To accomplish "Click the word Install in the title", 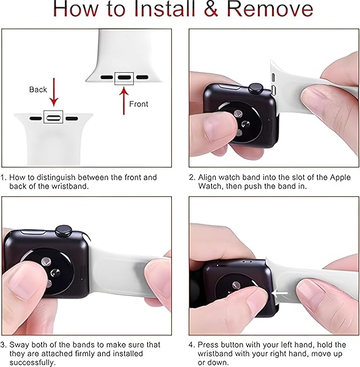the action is pyautogui.click(x=164, y=9).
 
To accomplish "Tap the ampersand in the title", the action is pyautogui.click(x=211, y=9).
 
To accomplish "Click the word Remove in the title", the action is pyautogui.click(x=270, y=9).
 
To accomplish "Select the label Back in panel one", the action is pyautogui.click(x=38, y=89).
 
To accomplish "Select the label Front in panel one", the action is pyautogui.click(x=139, y=104).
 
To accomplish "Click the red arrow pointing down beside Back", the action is pyautogui.click(x=54, y=92).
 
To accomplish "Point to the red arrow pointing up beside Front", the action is pyautogui.click(x=123, y=101).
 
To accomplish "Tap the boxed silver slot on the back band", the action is pyautogui.click(x=53, y=117).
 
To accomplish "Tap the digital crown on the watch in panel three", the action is pyautogui.click(x=63, y=231).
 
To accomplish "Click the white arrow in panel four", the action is pyautogui.click(x=280, y=293).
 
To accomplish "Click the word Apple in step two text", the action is pyautogui.click(x=340, y=177).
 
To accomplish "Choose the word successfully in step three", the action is pyautogui.click(x=32, y=363).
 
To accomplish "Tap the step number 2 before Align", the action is pyautogui.click(x=191, y=177).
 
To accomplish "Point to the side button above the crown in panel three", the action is pyautogui.click(x=33, y=232).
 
